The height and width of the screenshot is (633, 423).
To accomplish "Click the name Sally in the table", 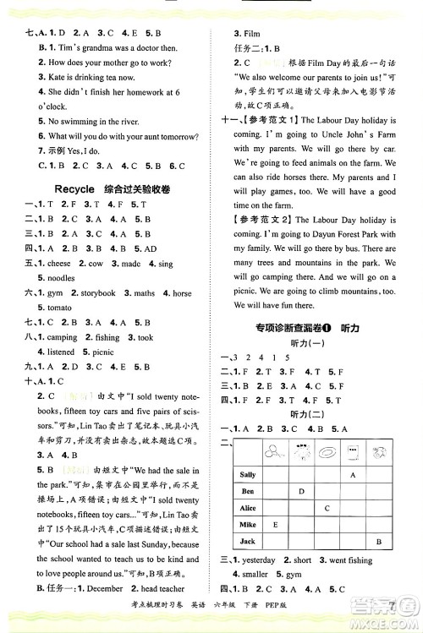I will coord(248,475).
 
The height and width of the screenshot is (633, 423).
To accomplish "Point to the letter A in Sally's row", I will coord(353,475).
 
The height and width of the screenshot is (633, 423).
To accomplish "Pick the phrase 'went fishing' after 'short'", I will coord(367,560).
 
